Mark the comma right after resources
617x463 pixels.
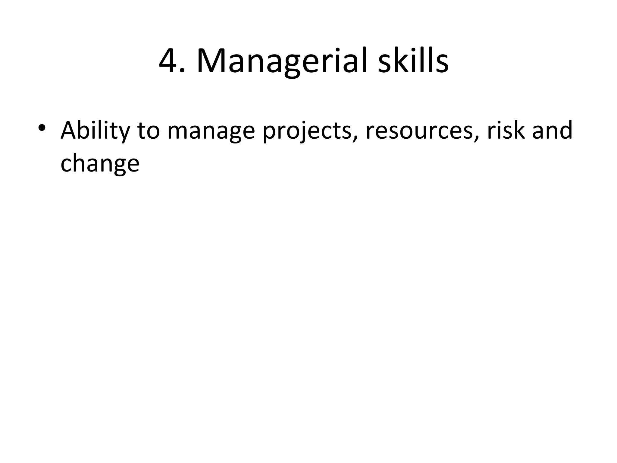click(x=476, y=138)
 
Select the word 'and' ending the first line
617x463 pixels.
click(x=552, y=130)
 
